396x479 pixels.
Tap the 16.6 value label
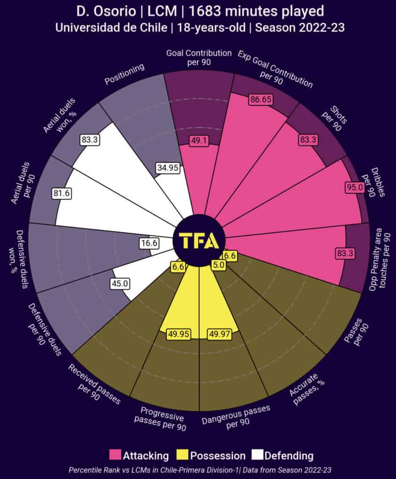pos(149,243)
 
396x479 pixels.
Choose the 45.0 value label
pos(120,283)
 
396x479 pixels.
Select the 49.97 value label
pos(219,334)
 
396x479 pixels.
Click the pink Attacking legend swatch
pos(115,455)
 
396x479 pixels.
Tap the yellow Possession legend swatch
pos(183,455)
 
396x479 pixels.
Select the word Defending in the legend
pos(289,455)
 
